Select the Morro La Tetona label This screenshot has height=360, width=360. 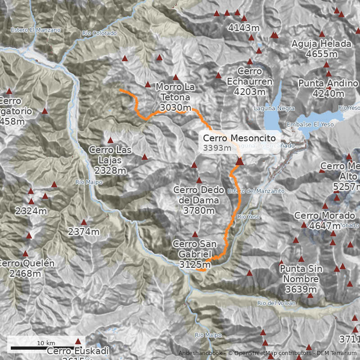point(175,97)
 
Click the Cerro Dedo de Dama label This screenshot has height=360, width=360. point(196,200)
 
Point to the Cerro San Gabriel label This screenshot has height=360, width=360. point(195,254)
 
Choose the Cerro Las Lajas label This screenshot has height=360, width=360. point(110,160)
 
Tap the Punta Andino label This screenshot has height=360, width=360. point(328,89)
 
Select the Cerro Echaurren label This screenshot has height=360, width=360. point(250,81)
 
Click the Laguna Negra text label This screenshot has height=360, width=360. point(274,108)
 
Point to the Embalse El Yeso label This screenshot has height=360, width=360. point(306,124)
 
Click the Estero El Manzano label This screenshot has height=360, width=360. point(36,30)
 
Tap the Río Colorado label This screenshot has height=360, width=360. point(99,33)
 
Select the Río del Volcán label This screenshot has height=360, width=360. point(276,303)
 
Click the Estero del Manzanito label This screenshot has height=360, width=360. point(256,191)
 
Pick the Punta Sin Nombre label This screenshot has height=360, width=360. point(301,279)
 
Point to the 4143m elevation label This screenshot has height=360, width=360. point(244,28)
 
